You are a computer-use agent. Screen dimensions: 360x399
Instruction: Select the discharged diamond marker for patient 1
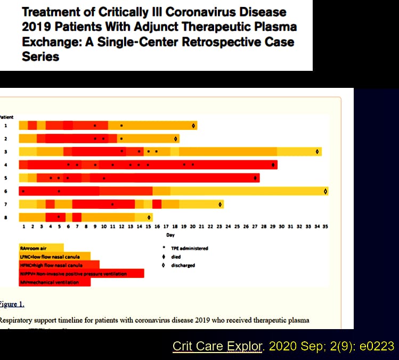tap(194, 126)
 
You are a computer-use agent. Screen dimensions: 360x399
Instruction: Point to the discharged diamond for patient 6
tap(325, 191)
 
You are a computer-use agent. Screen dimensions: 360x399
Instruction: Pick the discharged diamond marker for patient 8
tap(150, 217)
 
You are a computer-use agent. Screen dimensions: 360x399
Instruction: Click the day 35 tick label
tap(325, 226)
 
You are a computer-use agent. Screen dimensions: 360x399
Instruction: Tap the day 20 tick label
tap(192, 226)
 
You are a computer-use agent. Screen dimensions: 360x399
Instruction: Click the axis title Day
tap(170, 234)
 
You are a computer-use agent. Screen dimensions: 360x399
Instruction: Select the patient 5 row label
tap(5, 178)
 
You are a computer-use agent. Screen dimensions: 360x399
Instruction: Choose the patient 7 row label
tap(5, 204)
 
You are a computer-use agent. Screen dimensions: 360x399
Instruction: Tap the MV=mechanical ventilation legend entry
tap(50, 282)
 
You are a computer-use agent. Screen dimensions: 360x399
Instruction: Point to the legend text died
tap(176, 257)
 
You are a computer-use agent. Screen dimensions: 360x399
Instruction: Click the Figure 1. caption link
tap(11, 304)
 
